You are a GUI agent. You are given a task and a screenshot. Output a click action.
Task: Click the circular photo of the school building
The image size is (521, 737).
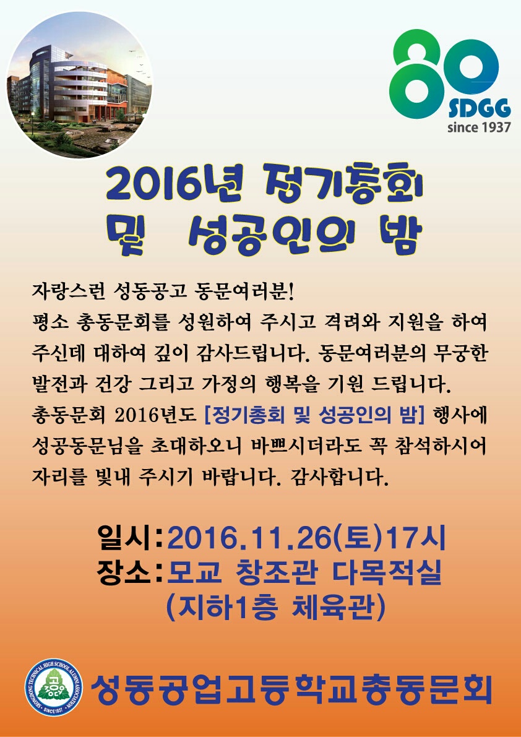[79, 85]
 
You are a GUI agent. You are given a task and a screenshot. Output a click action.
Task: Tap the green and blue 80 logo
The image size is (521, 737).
[444, 73]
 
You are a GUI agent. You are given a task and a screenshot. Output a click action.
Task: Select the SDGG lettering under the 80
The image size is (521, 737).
[479, 110]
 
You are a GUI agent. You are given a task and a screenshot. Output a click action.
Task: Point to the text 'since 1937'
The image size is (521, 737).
[479, 127]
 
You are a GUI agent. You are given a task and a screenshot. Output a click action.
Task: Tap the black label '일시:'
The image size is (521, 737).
[130, 539]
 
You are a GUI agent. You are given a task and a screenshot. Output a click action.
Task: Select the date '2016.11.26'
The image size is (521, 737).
[249, 540]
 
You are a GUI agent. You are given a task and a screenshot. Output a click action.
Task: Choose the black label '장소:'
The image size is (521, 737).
[130, 574]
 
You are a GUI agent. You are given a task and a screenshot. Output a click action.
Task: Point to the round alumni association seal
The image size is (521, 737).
[54, 687]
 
